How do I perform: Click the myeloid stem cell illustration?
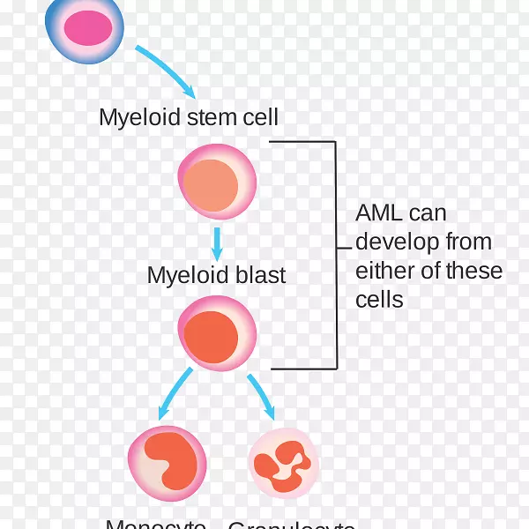point(217,182)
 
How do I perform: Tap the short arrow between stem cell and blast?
point(217,242)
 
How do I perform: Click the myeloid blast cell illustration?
point(217,332)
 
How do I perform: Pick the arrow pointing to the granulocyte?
point(261,396)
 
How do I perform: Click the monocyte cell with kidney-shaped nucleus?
point(167,461)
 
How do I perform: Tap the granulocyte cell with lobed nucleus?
point(283,464)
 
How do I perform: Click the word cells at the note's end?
point(379,300)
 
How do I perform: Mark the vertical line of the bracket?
point(336,255)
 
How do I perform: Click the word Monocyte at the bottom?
point(156,524)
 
